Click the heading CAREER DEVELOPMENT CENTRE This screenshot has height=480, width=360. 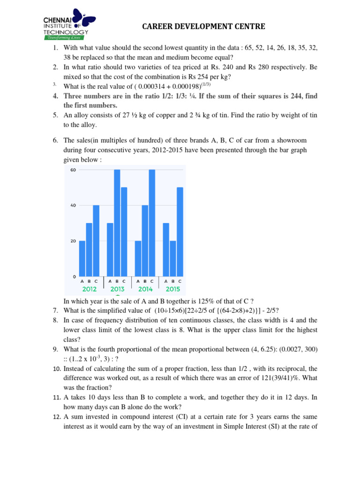click(204, 27)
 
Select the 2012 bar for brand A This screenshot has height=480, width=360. click(82, 259)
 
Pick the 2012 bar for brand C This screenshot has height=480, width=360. click(96, 241)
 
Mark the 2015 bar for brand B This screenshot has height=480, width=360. click(173, 259)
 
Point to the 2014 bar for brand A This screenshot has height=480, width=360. click(138, 259)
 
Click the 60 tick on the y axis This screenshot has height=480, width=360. click(73, 170)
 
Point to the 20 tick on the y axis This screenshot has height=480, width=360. click(73, 241)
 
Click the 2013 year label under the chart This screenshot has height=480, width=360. click(117, 289)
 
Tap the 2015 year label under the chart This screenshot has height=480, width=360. click(173, 289)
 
